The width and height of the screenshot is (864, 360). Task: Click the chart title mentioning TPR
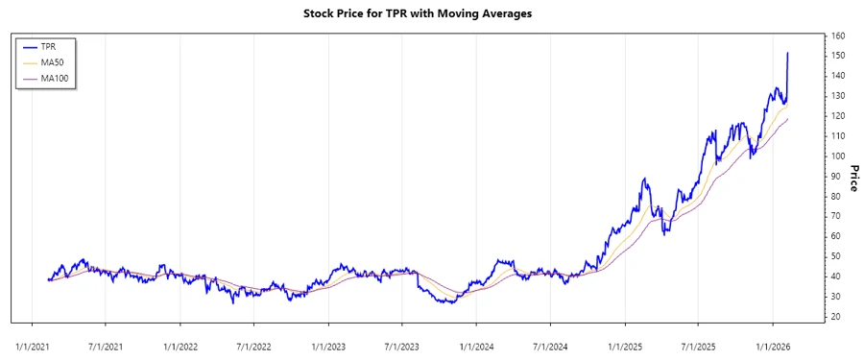(430, 14)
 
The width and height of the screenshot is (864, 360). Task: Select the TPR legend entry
(48, 45)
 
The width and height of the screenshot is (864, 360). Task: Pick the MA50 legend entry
(52, 61)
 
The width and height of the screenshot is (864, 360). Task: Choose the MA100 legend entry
(55, 78)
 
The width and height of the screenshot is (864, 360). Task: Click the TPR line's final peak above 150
(788, 54)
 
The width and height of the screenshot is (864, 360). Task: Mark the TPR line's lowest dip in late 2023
(445, 303)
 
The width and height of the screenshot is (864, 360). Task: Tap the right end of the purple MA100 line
(788, 118)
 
